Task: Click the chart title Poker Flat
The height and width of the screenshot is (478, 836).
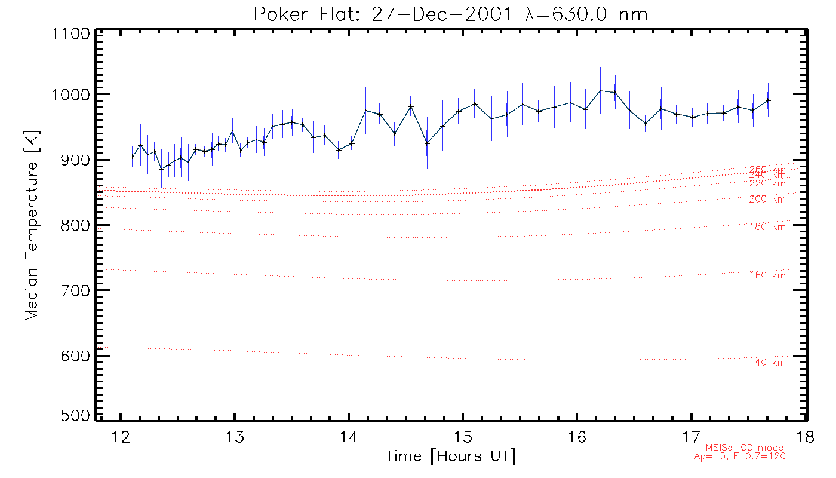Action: [450, 14]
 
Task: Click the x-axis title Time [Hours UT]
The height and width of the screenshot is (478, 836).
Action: [450, 456]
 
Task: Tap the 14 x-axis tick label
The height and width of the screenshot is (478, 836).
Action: [349, 437]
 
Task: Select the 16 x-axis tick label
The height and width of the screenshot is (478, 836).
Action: [577, 437]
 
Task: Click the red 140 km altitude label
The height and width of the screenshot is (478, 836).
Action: [767, 363]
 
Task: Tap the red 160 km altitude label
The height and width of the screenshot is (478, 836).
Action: [767, 275]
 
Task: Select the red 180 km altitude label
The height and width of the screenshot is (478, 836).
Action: [767, 226]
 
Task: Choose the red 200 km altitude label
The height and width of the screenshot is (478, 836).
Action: [767, 200]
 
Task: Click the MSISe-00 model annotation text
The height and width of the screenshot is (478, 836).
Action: [746, 448]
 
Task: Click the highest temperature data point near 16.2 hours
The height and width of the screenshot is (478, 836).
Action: [600, 91]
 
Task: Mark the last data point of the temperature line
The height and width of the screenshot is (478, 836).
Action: [768, 100]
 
